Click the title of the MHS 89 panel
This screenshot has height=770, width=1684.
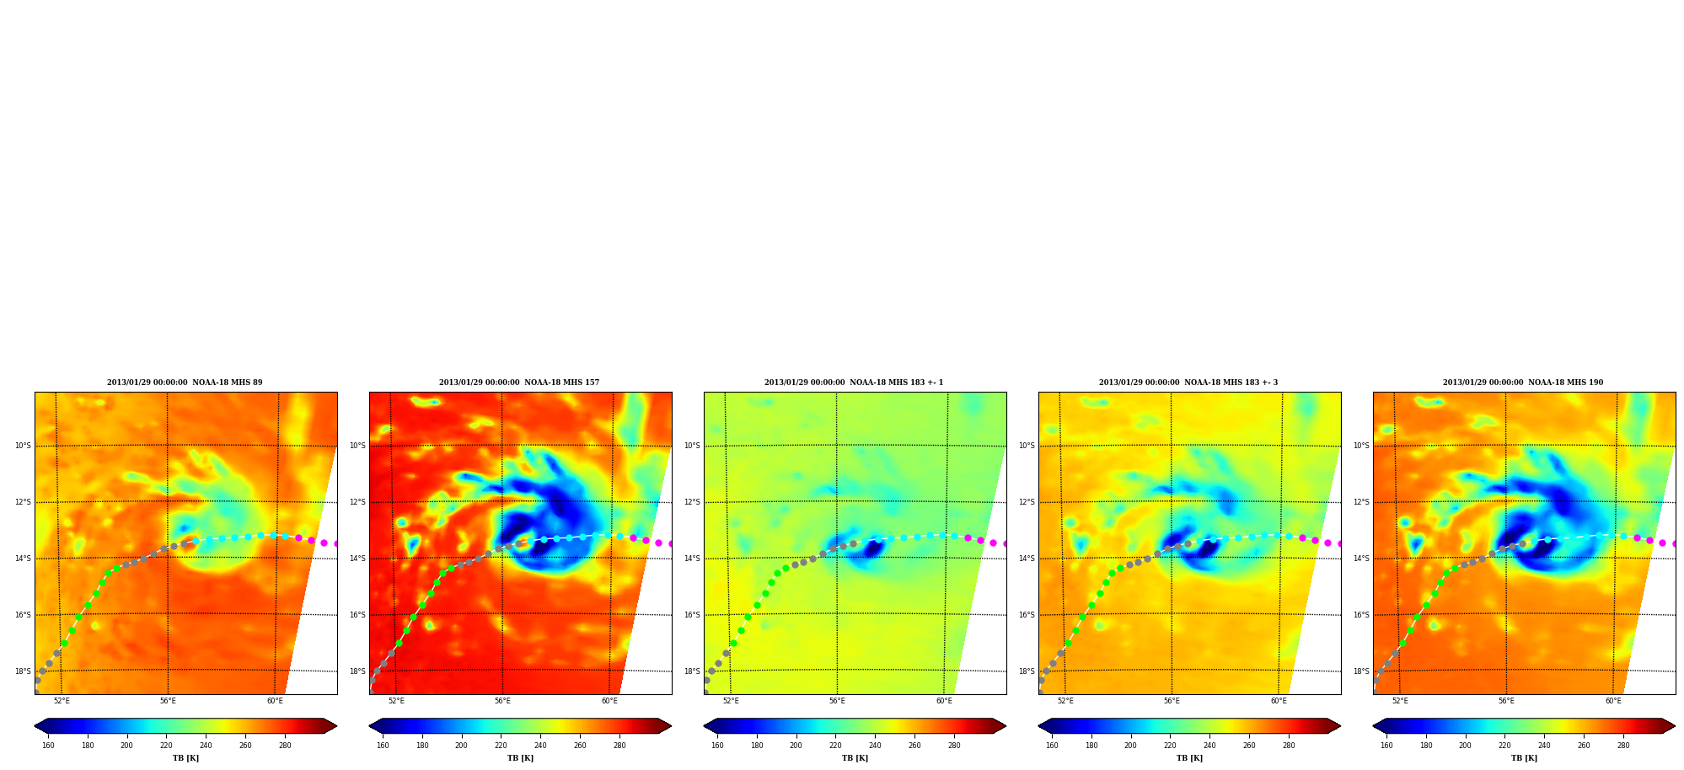[x=185, y=382]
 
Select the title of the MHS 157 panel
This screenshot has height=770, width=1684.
[x=519, y=382]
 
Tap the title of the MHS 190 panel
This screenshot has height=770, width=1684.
[x=1523, y=382]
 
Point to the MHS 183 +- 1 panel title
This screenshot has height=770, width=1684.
[x=854, y=382]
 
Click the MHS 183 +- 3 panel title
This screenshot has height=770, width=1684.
[x=1188, y=382]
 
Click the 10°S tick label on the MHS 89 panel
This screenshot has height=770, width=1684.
[x=23, y=446]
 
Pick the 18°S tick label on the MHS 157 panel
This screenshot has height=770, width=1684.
[x=357, y=671]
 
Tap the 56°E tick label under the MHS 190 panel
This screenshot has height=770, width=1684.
[x=1506, y=701]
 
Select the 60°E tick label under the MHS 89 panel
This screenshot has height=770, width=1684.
[x=275, y=701]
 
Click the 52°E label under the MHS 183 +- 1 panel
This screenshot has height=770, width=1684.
[x=731, y=701]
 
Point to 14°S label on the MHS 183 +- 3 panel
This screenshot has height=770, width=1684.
[x=1027, y=559]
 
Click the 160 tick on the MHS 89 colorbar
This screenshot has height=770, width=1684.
[x=48, y=746]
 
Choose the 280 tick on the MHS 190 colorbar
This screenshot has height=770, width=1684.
[x=1623, y=746]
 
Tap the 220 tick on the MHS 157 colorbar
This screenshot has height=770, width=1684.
[x=501, y=746]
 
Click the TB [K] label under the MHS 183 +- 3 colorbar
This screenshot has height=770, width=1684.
[x=1189, y=758]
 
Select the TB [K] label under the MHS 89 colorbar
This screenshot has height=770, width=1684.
[x=185, y=758]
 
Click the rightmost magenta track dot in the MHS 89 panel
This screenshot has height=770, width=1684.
[x=335, y=543]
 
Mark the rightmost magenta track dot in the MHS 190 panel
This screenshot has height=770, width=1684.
[x=1674, y=543]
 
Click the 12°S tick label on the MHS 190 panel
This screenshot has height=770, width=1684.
[x=1361, y=502]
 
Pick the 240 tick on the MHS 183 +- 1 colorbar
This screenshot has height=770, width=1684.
[x=875, y=746]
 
